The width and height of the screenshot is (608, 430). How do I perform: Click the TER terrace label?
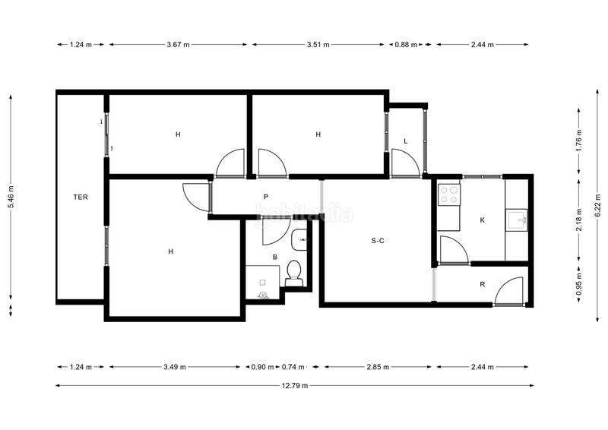pyautogui.click(x=81, y=198)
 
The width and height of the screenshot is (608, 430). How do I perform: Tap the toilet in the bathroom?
pyautogui.click(x=294, y=273)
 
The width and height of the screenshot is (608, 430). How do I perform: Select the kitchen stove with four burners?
pyautogui.click(x=448, y=194)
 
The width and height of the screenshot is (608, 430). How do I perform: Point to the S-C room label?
pyautogui.click(x=378, y=241)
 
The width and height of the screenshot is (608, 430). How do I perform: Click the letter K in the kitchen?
pyautogui.click(x=483, y=220)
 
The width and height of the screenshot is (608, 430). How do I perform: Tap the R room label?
pyautogui.click(x=483, y=284)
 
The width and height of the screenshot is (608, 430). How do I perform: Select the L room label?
pyautogui.click(x=406, y=141)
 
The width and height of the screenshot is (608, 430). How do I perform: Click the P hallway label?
pyautogui.click(x=266, y=197)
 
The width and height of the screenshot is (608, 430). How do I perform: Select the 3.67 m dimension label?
pyautogui.click(x=179, y=45)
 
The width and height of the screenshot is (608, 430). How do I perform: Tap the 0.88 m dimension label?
pyautogui.click(x=405, y=45)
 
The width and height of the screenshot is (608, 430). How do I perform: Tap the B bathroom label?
pyautogui.click(x=275, y=258)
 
